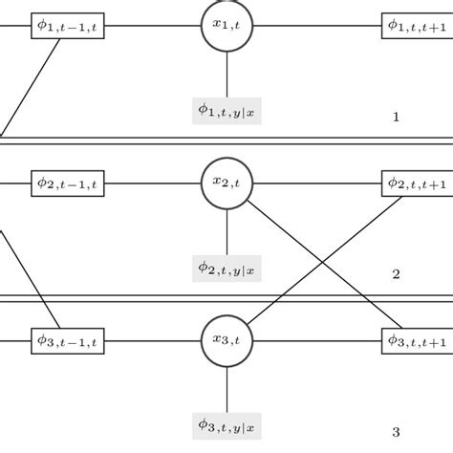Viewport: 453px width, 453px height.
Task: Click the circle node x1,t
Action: pyautogui.click(x=226, y=26)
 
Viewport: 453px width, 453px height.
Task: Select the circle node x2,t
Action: pyautogui.click(x=226, y=183)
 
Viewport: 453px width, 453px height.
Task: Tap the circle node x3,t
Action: pyautogui.click(x=226, y=339)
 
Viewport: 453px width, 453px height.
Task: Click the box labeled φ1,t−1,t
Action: pyautogui.click(x=70, y=27)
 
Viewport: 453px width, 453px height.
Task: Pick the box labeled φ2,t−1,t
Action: pyautogui.click(x=70, y=183)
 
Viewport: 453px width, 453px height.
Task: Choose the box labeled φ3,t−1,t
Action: pyautogui.click(x=70, y=339)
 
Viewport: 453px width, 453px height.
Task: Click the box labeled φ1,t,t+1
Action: pyautogui.click(x=417, y=27)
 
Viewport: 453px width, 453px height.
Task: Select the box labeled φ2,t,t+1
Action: pyautogui.click(x=417, y=183)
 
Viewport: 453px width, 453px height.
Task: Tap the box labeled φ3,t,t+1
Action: pyautogui.click(x=417, y=339)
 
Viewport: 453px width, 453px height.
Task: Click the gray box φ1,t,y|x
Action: pyautogui.click(x=226, y=111)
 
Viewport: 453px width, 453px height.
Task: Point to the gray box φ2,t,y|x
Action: pyautogui.click(x=226, y=268)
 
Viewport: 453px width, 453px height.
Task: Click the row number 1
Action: pyautogui.click(x=396, y=118)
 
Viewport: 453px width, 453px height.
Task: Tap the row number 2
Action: pyautogui.click(x=396, y=274)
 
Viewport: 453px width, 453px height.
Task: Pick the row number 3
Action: pyautogui.click(x=396, y=431)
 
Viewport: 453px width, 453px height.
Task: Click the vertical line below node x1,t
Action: pyautogui.click(x=226, y=75)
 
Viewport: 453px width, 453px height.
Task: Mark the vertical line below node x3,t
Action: pyautogui.click(x=226, y=388)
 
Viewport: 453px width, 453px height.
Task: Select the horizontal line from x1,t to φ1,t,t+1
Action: pyautogui.click(x=315, y=26)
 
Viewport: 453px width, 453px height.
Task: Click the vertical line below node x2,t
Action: pyautogui.click(x=226, y=231)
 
